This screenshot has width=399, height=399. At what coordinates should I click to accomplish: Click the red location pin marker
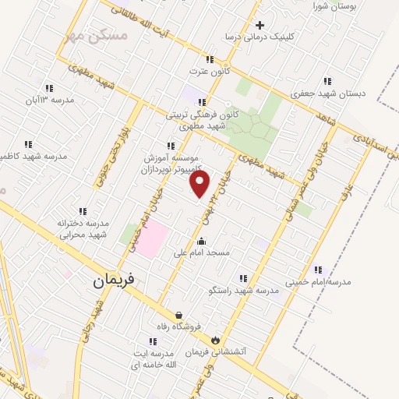(x=200, y=183)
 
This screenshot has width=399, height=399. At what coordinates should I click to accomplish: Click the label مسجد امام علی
(x=223, y=252)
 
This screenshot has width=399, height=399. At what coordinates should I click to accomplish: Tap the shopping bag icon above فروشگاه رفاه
(x=180, y=315)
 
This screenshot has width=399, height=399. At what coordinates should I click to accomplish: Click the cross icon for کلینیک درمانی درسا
(x=260, y=25)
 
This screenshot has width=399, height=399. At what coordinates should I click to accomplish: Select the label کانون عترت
(x=207, y=71)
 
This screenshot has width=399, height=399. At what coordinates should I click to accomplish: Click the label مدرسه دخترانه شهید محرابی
(x=82, y=229)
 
